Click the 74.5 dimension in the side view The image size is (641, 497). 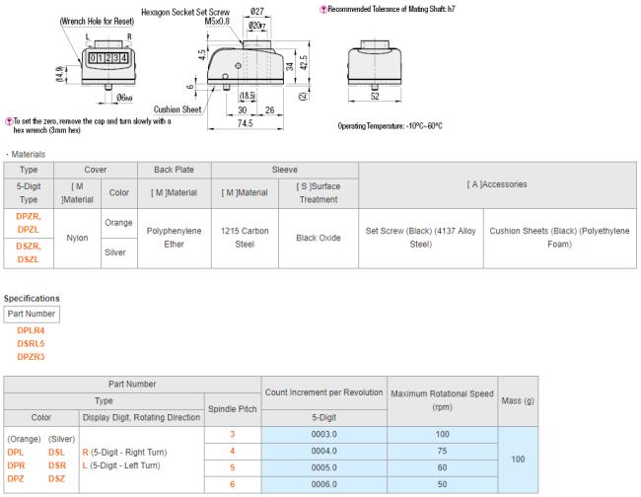[245, 123]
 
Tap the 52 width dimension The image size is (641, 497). [375, 96]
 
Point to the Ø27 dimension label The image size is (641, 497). [257, 11]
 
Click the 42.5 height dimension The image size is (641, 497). [304, 62]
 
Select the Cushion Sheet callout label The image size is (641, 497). [178, 109]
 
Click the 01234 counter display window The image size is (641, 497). [108, 58]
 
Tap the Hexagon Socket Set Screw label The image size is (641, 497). [185, 12]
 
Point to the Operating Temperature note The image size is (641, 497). [390, 126]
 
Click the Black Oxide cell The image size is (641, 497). [319, 238]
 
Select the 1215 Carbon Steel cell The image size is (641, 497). [245, 238]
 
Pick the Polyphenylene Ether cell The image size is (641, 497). [175, 238]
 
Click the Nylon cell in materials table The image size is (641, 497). [77, 238]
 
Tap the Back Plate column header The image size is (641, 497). [175, 170]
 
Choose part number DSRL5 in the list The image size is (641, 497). [32, 344]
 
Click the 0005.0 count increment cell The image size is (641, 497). [324, 467]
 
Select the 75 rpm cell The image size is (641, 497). [443, 451]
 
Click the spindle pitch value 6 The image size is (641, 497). [232, 484]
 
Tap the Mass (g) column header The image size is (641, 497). [518, 401]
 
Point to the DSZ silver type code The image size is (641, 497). [57, 478]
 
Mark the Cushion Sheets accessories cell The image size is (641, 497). [560, 238]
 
